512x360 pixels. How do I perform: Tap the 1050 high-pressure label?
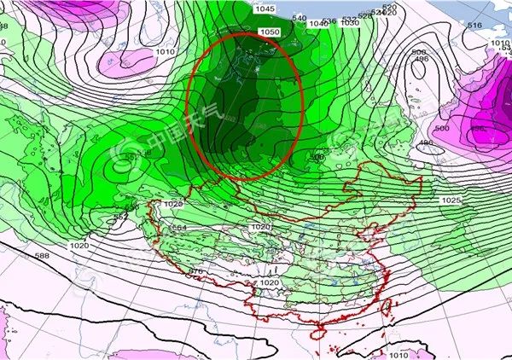pyautogui.click(x=270, y=32)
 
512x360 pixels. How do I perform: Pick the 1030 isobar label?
pyautogui.click(x=349, y=23)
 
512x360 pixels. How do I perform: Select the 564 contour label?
pyautogui.click(x=180, y=228)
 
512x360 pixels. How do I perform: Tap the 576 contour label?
pyautogui.click(x=195, y=270)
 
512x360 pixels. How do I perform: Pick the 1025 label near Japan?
pyautogui.click(x=452, y=199)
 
